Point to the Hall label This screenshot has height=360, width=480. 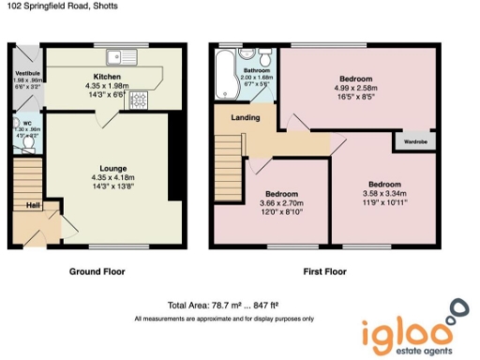coord(33,205)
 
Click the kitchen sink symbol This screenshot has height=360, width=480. coord(122,53)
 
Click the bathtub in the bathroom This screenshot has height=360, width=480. coord(225,76)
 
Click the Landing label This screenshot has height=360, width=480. coord(245,117)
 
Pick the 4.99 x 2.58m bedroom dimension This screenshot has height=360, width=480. coord(356,89)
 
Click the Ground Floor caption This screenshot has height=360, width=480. coord(97,272)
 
